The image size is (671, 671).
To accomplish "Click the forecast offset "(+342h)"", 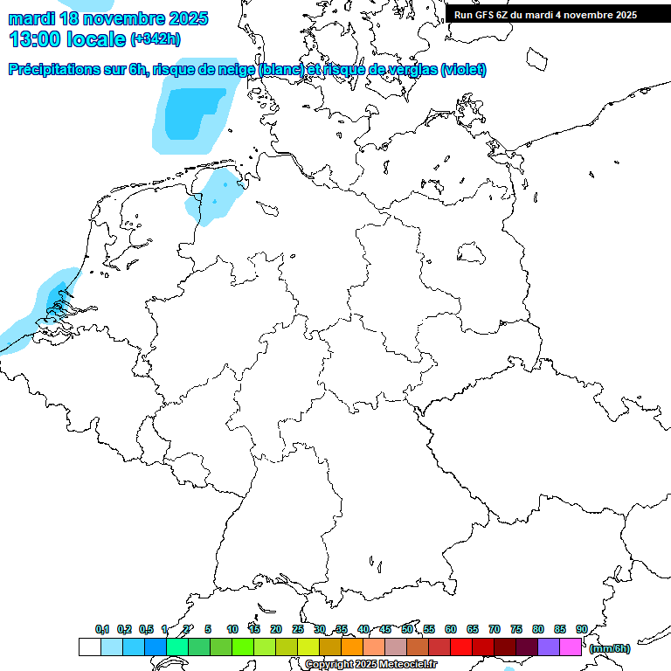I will pyautogui.click(x=156, y=39).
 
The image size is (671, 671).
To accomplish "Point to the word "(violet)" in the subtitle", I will pyautogui.click(x=464, y=70).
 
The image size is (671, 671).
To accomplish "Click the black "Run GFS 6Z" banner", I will pyautogui.click(x=557, y=14).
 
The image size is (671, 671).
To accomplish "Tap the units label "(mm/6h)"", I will pyautogui.click(x=610, y=648).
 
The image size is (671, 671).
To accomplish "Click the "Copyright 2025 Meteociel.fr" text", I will pyautogui.click(x=370, y=664).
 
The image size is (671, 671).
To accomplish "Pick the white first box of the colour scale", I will pyautogui.click(x=89, y=647).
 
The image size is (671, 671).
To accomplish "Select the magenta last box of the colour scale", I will pyautogui.click(x=571, y=647).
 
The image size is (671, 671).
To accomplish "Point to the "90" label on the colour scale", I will pyautogui.click(x=582, y=629).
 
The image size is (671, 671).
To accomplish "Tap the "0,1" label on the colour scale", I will pyautogui.click(x=102, y=629).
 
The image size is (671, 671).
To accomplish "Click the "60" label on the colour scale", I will pyautogui.click(x=451, y=629).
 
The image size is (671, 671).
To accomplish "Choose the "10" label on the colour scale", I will pyautogui.click(x=232, y=629).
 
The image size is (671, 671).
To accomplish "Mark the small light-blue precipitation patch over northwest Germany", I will pyautogui.click(x=213, y=197).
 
